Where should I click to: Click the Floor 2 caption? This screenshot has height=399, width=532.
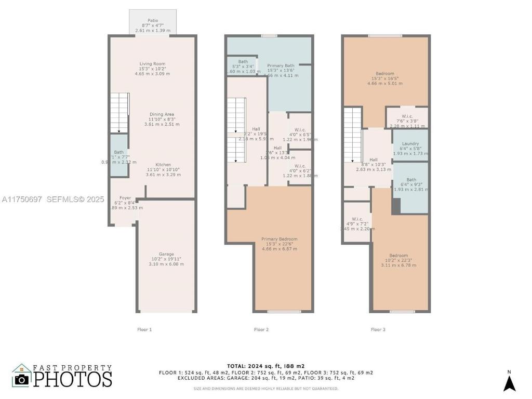pos(261,329)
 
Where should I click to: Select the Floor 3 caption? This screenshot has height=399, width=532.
pos(378,329)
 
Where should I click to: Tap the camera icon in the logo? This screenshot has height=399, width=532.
pos(21,379)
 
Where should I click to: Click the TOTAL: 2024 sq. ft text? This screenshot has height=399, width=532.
pos(265,366)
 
